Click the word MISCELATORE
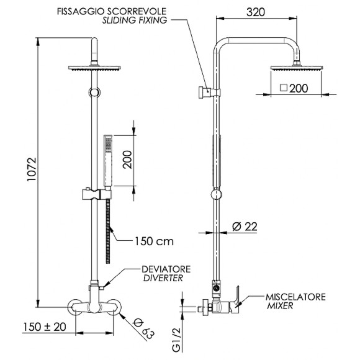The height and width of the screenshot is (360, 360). pyautogui.click(x=295, y=297)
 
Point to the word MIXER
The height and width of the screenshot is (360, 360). pyautogui.click(x=281, y=307)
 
